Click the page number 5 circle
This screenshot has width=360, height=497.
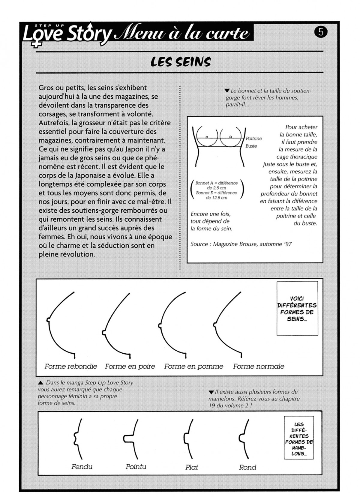(x=321, y=32)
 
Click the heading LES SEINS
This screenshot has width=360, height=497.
(x=180, y=62)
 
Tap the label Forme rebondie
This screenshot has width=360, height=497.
(x=71, y=366)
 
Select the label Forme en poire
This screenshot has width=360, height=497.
(x=130, y=366)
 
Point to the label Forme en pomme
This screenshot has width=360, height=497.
(x=193, y=366)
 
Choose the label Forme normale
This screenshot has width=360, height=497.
(x=259, y=366)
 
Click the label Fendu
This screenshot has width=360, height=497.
(x=82, y=467)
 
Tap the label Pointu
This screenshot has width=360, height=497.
(x=136, y=467)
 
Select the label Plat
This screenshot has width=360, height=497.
(x=192, y=467)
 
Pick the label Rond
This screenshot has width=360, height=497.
(x=247, y=467)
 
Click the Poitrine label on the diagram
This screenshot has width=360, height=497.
(x=254, y=139)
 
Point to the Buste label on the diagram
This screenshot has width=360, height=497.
(x=251, y=146)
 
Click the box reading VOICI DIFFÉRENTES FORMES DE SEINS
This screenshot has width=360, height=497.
(x=297, y=309)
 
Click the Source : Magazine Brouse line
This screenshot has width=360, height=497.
(x=241, y=244)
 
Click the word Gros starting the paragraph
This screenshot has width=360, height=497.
(x=46, y=88)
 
